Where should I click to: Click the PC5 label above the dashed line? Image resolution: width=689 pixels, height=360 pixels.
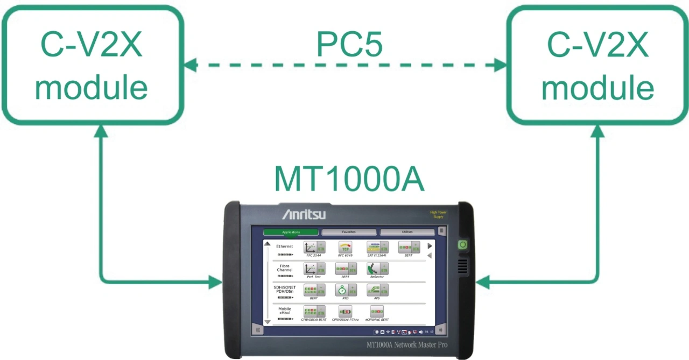pyautogui.click(x=349, y=45)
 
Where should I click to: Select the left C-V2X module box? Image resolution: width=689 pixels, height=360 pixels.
pyautogui.click(x=92, y=65)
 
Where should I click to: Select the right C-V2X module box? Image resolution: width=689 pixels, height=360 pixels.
pyautogui.click(x=597, y=65)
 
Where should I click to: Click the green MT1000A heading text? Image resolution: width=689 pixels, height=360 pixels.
pyautogui.click(x=349, y=179)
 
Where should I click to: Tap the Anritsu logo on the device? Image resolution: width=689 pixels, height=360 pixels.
pyautogui.click(x=304, y=215)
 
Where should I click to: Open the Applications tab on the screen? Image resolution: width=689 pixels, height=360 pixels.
pyautogui.click(x=291, y=232)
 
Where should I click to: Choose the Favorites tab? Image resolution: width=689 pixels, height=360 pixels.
pyautogui.click(x=349, y=232)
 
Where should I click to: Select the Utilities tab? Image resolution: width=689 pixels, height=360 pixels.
pyautogui.click(x=407, y=232)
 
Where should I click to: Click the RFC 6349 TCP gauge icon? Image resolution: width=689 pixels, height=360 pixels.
pyautogui.click(x=346, y=247)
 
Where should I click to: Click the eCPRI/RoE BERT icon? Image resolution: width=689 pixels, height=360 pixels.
pyautogui.click(x=377, y=312)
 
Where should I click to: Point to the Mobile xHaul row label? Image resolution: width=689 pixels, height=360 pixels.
pyautogui.click(x=285, y=311)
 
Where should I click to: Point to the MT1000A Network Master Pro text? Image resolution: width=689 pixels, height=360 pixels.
pyautogui.click(x=406, y=344)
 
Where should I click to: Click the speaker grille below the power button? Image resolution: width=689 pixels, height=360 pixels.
pyautogui.click(x=462, y=266)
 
